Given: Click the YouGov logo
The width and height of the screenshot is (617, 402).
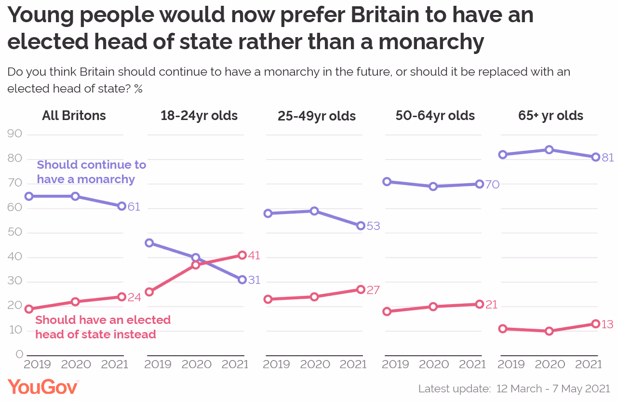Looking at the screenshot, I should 43,387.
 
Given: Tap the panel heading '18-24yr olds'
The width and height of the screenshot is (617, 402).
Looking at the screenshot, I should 199,116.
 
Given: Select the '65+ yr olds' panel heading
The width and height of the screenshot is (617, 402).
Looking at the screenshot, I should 550,116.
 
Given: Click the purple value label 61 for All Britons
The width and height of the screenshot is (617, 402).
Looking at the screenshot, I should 134,207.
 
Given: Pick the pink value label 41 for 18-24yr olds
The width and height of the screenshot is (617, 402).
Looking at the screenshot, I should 254,255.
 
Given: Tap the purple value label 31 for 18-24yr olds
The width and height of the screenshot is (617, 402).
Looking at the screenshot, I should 254,281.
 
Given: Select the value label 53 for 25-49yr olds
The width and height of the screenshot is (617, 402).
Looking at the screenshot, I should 373,226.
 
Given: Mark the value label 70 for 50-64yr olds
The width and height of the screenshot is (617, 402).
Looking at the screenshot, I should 492,184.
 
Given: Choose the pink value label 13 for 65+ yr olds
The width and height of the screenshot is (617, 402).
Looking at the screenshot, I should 607,324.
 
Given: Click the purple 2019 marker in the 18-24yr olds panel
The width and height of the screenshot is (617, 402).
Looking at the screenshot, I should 149,243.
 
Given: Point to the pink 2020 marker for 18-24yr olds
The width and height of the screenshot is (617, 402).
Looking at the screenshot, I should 196,265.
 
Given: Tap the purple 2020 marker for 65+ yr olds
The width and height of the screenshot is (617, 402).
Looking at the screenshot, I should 549,150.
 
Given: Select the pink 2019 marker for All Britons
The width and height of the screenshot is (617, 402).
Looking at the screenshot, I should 29,309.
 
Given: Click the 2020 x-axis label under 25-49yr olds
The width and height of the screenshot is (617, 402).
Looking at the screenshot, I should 314,364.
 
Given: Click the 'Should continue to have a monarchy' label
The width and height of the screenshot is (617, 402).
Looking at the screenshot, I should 91,172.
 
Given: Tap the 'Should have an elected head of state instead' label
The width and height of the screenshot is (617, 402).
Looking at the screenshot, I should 103,327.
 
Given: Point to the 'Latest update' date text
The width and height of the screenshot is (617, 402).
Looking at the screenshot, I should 514,389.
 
